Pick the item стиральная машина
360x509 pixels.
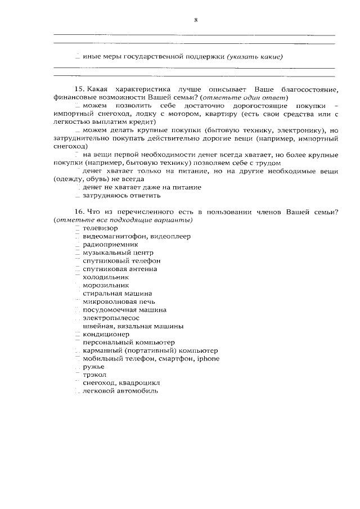pos(117,294)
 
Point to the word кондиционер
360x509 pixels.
pos(106,334)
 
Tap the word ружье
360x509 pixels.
pos(93,367)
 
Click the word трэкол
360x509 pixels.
pos(94,375)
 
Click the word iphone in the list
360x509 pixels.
pos(208,358)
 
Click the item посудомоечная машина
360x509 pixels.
pos(124,310)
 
